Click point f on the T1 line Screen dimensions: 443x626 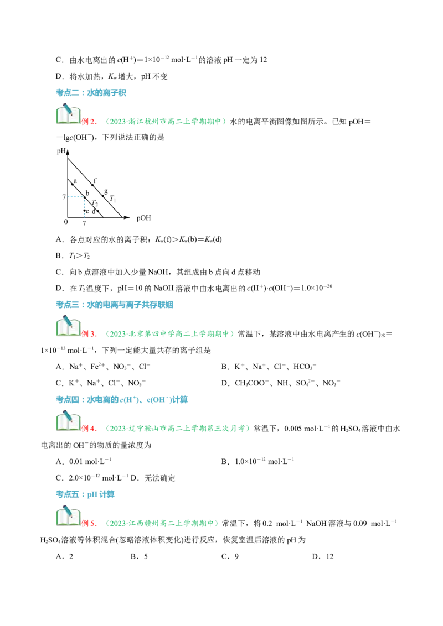tap(93, 185)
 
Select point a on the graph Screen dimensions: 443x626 tap(73, 184)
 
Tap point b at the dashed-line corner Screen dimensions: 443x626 tap(85, 197)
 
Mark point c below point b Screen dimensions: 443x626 tap(84, 211)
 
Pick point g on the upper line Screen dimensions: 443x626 tap(103, 196)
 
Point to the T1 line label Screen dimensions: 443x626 tap(113, 199)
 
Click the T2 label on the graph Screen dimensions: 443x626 tap(95, 203)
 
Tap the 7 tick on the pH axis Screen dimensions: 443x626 tap(64, 197)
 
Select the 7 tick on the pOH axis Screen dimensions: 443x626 tap(84, 223)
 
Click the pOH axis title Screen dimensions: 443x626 tap(143, 218)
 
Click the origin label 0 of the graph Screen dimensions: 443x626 tap(66, 222)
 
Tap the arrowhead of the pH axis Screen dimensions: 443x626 tap(68, 152)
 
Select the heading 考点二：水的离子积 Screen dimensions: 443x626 tap(91, 93)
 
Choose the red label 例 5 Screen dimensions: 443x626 tap(89, 523)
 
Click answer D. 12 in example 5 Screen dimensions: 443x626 tap(323, 556)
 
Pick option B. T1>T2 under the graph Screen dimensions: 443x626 tap(73, 256)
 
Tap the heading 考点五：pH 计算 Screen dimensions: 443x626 tap(85, 494)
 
